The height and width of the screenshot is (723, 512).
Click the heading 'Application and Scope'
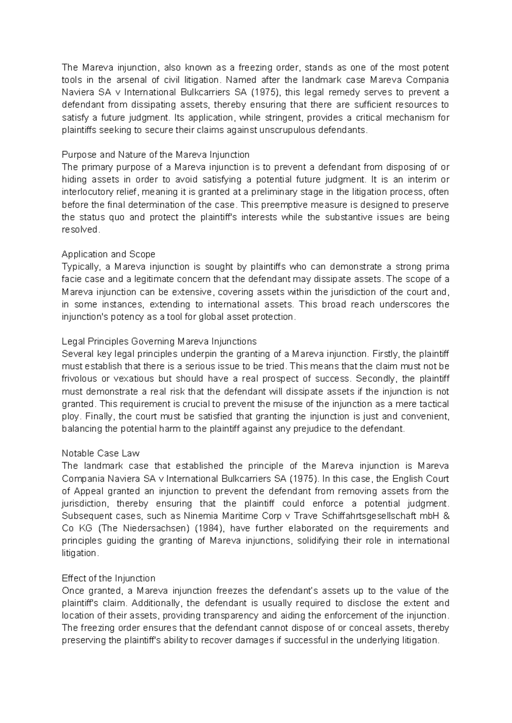click(x=108, y=254)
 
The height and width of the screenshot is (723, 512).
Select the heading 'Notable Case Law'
click(x=101, y=453)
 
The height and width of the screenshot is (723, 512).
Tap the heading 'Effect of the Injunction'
click(x=108, y=578)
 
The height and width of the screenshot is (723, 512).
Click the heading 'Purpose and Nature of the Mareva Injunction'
click(x=155, y=154)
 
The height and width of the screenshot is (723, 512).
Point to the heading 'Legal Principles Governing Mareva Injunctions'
click(x=159, y=341)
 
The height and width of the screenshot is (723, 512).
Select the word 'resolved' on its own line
click(x=80, y=230)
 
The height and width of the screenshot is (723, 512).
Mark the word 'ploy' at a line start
click(x=70, y=416)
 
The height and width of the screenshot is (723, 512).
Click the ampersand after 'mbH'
click(x=446, y=516)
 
